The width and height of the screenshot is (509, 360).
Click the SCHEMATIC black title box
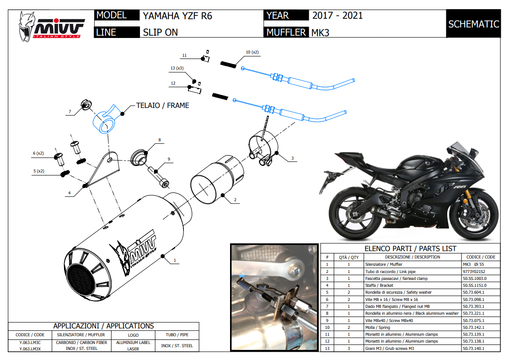(473, 24)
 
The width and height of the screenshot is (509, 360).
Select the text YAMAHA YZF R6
(177, 16)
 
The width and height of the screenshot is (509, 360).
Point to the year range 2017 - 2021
(338, 16)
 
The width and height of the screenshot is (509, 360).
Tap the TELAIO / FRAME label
(162, 105)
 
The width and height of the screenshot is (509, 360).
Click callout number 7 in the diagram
(70, 112)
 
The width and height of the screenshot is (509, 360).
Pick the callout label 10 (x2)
(252, 52)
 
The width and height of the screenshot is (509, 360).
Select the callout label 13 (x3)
(177, 68)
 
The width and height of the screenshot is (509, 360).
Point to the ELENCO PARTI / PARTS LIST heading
(410, 248)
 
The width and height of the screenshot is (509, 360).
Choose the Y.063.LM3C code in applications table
(30, 342)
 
